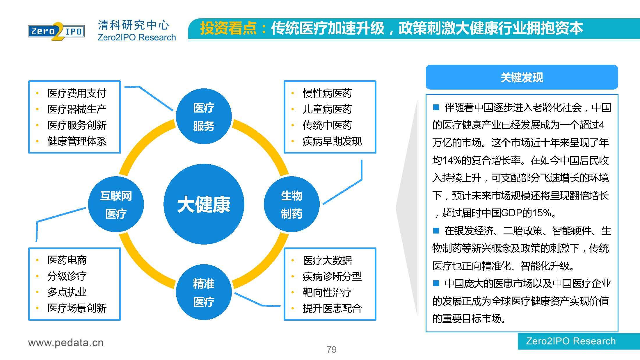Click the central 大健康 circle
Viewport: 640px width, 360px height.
click(204, 204)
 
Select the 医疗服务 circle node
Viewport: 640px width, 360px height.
click(204, 117)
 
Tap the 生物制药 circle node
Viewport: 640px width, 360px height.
click(291, 204)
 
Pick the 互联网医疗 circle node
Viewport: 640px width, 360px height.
click(116, 204)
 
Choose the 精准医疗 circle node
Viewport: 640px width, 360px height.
click(204, 292)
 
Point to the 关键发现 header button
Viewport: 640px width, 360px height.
click(522, 77)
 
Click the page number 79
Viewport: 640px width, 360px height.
click(332, 349)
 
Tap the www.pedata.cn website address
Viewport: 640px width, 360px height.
click(66, 343)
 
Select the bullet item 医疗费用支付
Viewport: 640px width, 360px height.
click(77, 93)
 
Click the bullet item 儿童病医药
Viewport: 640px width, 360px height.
click(327, 109)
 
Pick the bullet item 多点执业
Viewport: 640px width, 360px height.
click(67, 292)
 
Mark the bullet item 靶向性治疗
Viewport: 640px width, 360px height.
click(327, 292)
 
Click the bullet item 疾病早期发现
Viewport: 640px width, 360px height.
click(332, 141)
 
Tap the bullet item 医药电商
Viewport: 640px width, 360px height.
click(67, 260)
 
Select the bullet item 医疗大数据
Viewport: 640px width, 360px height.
click(327, 260)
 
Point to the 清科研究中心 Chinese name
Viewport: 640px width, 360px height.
click(133, 25)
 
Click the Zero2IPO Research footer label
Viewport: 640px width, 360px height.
click(571, 341)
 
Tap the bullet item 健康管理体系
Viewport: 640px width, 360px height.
click(77, 141)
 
